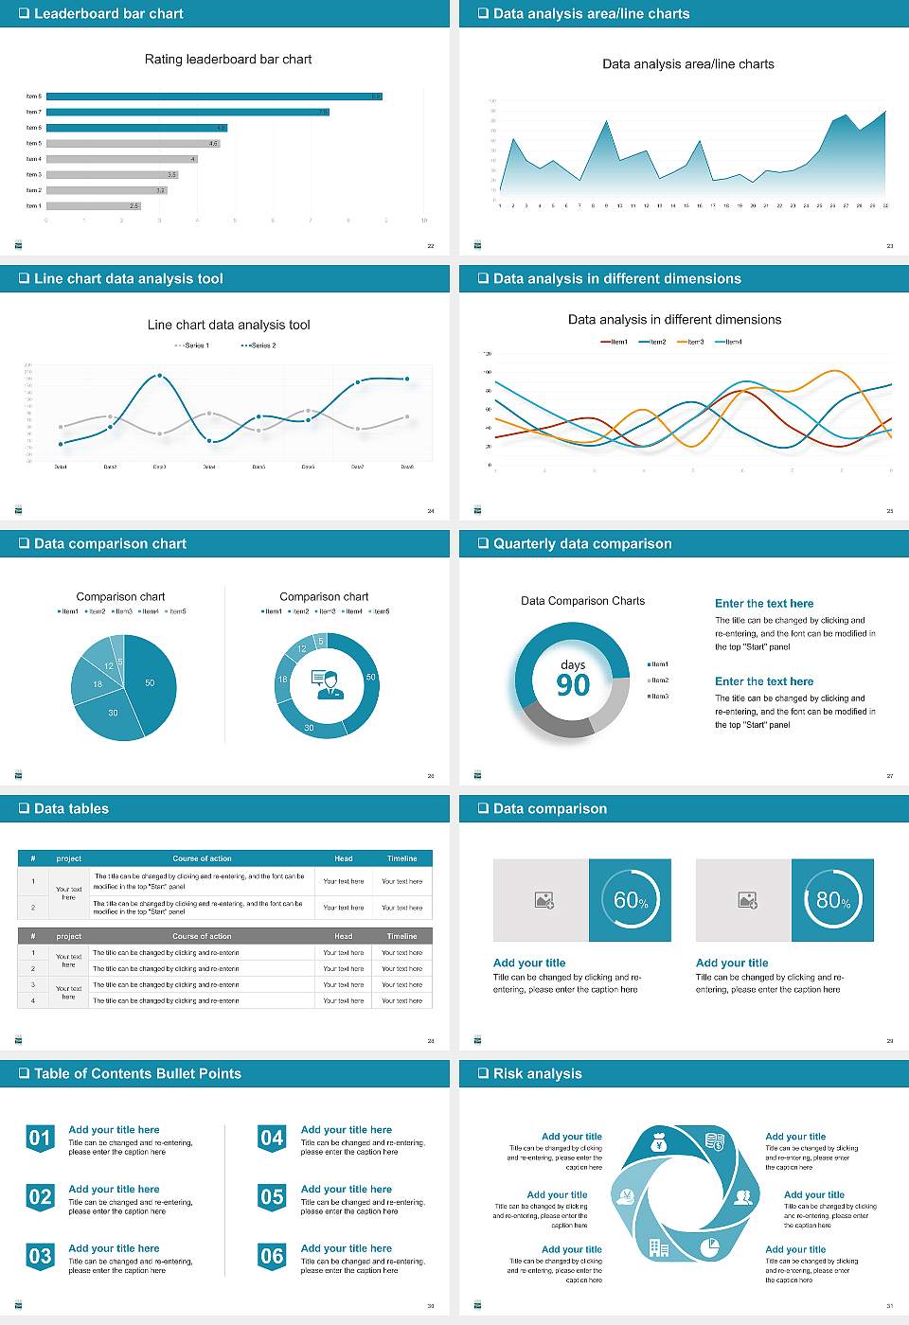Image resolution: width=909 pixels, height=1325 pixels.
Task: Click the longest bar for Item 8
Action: click(214, 97)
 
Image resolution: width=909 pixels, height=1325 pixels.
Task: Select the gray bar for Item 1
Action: click(93, 205)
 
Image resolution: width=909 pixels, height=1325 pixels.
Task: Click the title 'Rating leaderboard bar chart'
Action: click(228, 60)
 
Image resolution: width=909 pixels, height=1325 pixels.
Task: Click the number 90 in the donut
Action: click(573, 685)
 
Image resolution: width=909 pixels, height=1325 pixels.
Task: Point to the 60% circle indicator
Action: click(631, 900)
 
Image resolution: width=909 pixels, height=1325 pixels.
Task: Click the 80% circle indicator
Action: click(833, 900)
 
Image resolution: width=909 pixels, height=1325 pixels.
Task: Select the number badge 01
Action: click(40, 1139)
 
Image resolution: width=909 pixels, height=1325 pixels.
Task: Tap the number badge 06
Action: click(272, 1257)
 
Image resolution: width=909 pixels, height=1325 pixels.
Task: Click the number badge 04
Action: click(272, 1139)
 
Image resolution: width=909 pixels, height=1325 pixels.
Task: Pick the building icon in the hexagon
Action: click(659, 1247)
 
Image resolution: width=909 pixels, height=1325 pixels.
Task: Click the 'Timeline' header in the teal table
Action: click(401, 858)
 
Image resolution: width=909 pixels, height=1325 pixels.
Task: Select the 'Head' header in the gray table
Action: click(343, 936)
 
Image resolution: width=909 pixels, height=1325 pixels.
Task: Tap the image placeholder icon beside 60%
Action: click(544, 900)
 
